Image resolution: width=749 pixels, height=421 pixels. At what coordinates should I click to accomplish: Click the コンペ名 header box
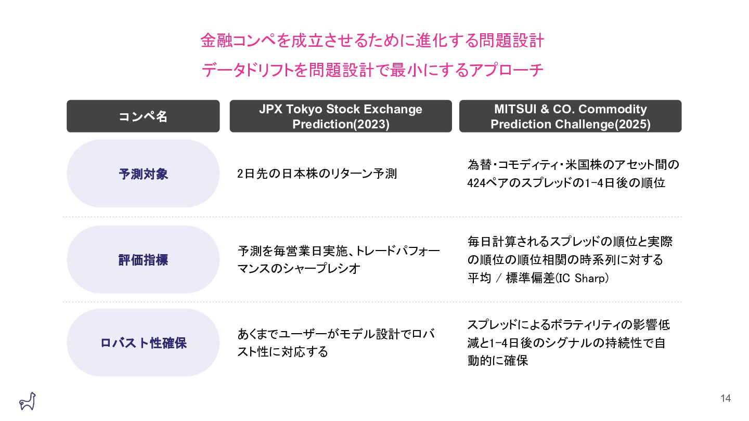(143, 116)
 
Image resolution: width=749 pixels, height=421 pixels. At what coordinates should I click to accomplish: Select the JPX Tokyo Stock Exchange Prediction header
(341, 116)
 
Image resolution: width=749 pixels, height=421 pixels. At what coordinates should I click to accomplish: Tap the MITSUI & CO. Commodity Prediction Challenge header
(570, 116)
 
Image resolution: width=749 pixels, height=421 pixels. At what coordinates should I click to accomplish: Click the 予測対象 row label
(143, 174)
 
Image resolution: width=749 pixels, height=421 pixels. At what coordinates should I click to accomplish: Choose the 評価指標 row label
(143, 259)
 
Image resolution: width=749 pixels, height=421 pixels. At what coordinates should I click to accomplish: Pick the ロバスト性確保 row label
(143, 343)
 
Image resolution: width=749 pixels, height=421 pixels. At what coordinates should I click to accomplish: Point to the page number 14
(726, 399)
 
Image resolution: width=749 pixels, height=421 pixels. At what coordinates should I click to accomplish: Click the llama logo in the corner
(27, 401)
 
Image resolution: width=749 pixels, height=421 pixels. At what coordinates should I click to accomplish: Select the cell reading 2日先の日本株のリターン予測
(317, 174)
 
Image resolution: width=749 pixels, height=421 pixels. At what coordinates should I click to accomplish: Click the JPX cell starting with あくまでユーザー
(335, 343)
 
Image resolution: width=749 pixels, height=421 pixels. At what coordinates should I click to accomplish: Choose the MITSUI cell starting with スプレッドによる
(568, 343)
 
